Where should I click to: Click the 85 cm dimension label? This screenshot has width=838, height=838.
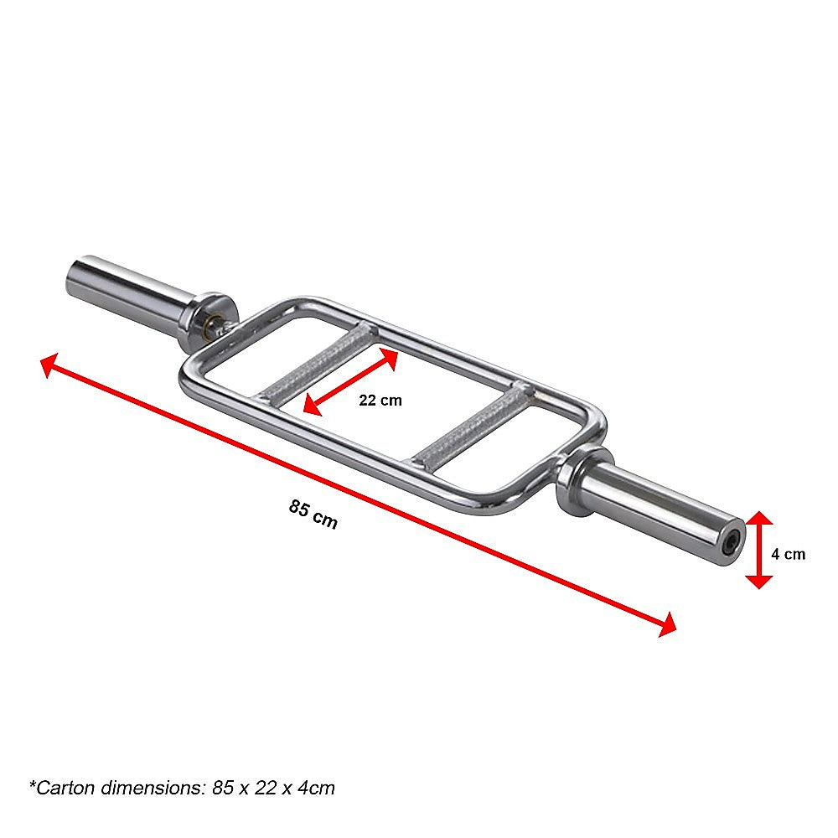pyautogui.click(x=313, y=514)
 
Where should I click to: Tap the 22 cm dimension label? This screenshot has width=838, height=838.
pyautogui.click(x=380, y=401)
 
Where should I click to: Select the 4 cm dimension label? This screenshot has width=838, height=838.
pyautogui.click(x=789, y=554)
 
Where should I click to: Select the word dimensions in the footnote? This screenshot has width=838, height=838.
pyautogui.click(x=148, y=788)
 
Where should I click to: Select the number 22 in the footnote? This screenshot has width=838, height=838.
pyautogui.click(x=259, y=788)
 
